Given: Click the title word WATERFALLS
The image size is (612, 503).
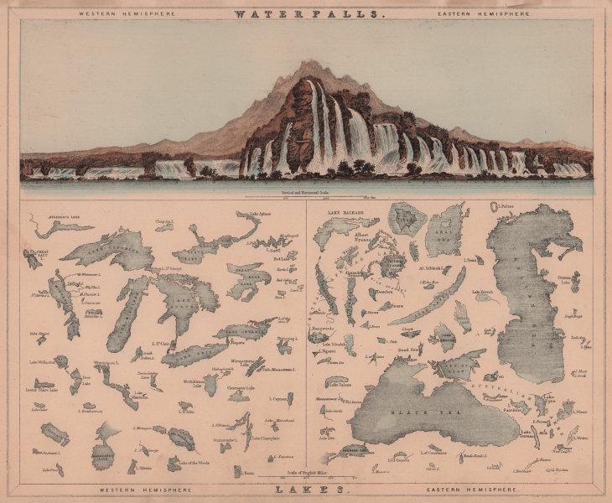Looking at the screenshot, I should [306, 14].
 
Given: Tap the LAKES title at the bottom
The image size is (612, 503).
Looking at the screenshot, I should [306, 488].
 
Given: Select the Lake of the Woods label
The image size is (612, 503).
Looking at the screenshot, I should [194, 464].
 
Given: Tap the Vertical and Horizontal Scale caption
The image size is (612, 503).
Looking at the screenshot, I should [306, 192].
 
